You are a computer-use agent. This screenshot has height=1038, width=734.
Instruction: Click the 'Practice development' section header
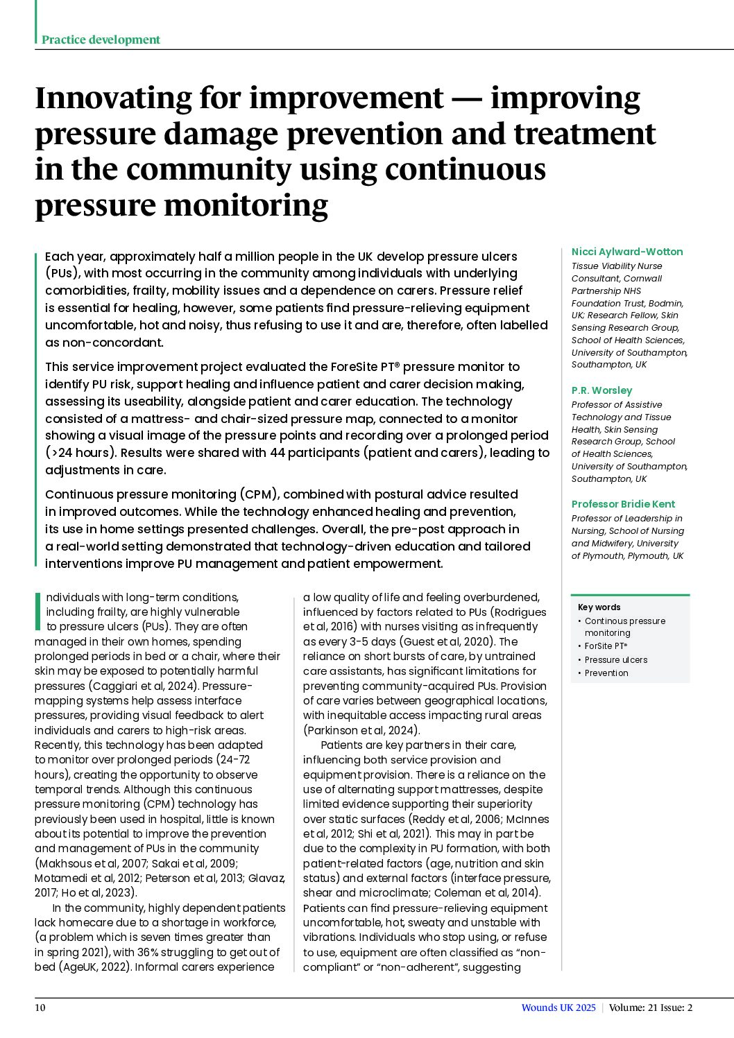coord(101,40)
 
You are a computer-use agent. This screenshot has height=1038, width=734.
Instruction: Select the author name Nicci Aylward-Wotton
coord(626,252)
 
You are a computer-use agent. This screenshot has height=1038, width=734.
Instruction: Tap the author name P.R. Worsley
coord(601,390)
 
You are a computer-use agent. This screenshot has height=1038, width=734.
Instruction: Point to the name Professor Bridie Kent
coord(623,504)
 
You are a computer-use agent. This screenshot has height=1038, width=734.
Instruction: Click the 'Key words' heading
coord(599,607)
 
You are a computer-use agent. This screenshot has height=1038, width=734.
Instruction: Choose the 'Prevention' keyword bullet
coord(606,673)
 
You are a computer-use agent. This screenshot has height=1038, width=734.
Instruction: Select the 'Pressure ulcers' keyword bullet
coord(615,660)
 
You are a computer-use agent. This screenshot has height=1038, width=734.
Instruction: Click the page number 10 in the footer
coord(40,1007)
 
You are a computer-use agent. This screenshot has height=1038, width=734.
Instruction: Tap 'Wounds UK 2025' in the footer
coord(558,1007)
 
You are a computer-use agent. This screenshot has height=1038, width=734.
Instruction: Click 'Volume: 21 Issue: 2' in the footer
coord(650,1007)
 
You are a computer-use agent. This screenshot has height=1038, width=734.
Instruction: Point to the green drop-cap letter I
coord(38,611)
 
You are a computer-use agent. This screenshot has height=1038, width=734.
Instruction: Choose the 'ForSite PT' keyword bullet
coord(606,646)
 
